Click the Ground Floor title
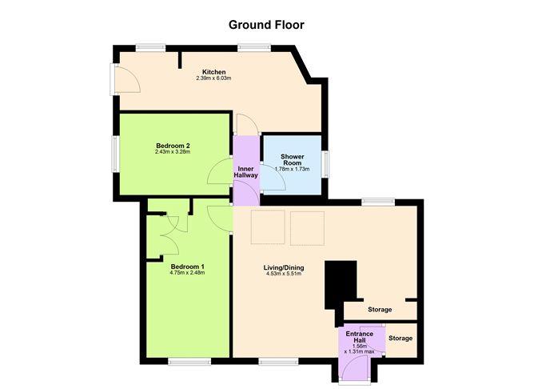[x=266, y=25]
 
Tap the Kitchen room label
[x=213, y=72]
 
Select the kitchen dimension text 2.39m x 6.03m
[x=213, y=78]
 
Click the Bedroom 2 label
[x=172, y=145]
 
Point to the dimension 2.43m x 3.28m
[x=172, y=151]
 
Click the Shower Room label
[x=291, y=159]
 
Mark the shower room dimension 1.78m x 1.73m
[x=291, y=169]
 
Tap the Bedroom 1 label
[x=187, y=266]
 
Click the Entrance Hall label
[x=361, y=336]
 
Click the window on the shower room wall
[x=325, y=162]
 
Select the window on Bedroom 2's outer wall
[x=116, y=153]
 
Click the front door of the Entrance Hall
[x=354, y=368]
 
